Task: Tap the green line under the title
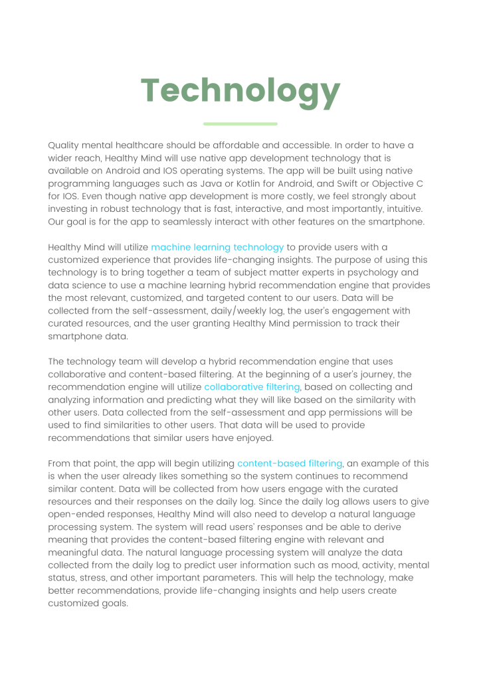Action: click(240, 124)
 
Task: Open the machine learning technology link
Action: click(217, 247)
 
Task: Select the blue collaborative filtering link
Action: click(252, 386)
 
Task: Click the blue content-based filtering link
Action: click(290, 463)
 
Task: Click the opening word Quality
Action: click(64, 145)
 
